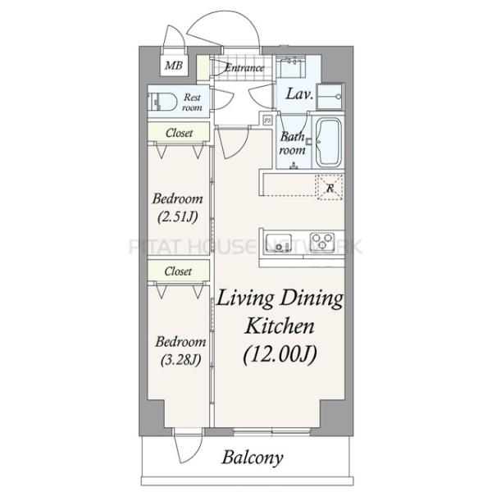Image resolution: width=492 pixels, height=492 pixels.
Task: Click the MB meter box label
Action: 174,66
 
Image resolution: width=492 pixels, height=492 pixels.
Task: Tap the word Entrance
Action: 244,67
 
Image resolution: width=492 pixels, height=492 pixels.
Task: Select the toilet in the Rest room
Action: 162,101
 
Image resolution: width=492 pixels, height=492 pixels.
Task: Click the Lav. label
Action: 299,93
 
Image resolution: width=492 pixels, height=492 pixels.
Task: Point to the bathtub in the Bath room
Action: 329,143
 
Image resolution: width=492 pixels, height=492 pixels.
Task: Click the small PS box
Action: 267,120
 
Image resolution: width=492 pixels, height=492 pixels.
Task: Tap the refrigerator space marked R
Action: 330,188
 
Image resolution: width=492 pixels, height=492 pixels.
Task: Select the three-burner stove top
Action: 322,241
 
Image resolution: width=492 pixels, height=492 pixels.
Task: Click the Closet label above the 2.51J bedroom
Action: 179,133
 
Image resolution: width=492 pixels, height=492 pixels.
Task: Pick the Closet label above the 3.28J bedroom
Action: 178,271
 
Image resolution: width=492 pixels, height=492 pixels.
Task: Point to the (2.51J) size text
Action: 178,216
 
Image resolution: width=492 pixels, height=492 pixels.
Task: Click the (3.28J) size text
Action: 180,360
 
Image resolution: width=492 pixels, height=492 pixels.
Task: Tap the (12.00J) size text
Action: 280,354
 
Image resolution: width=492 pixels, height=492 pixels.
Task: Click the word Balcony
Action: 253,458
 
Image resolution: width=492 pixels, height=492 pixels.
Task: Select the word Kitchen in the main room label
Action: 280,326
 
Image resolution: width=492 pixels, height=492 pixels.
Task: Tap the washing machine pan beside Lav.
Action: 330,96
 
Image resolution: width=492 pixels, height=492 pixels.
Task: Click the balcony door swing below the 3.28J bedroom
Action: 188,446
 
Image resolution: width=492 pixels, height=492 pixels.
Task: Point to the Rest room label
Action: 192,102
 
